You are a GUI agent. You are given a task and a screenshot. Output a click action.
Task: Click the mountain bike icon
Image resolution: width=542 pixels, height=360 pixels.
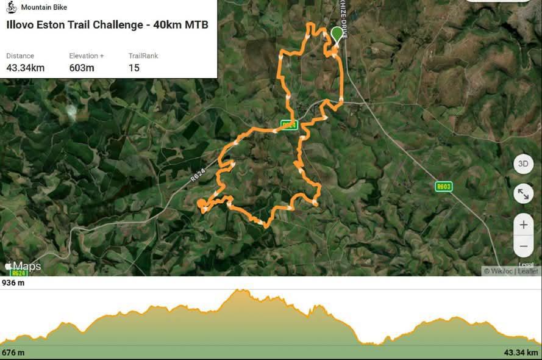(11, 7)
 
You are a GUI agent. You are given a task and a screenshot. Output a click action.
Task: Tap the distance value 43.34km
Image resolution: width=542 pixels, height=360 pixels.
(25, 68)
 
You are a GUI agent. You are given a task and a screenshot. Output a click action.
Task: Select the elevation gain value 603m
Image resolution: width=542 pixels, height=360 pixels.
(82, 68)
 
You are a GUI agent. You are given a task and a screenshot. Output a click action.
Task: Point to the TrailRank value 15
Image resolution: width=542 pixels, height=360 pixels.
(134, 68)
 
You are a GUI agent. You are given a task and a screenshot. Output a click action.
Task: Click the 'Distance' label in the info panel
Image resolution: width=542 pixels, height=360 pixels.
(20, 56)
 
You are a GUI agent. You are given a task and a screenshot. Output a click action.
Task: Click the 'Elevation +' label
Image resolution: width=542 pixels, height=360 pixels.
(87, 56)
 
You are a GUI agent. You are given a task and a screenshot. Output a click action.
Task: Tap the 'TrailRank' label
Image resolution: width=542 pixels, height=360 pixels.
(143, 56)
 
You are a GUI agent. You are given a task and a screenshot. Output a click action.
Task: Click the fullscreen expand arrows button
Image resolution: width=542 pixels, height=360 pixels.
(523, 194)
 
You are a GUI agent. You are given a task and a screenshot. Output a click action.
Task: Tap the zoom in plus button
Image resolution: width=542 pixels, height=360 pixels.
(523, 225)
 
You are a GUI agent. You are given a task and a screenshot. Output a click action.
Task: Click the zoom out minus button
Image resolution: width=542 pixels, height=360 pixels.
(523, 247)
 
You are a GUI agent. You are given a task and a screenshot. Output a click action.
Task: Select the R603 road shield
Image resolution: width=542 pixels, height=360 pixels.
(443, 186)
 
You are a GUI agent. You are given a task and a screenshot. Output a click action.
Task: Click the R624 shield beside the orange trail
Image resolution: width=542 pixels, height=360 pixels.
(289, 124)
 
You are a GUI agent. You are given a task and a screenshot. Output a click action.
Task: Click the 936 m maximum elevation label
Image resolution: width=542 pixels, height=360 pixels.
(13, 283)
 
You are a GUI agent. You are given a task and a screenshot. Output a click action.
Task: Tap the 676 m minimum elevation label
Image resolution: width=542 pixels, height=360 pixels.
(13, 353)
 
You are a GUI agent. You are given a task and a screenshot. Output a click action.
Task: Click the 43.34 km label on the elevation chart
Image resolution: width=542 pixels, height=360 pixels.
(521, 353)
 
